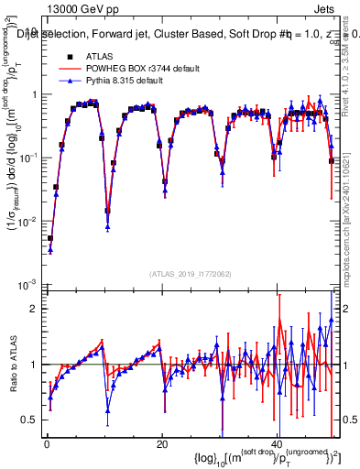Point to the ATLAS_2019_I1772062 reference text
tap(190, 273)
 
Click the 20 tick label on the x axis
tap(162, 443)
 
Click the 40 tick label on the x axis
tap(277, 443)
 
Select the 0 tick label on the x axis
tap(47, 443)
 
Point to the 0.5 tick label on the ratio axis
tap(30, 420)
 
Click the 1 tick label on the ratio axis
tap(36, 365)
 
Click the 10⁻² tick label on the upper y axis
tap(28, 221)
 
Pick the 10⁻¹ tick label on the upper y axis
tap(28, 158)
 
